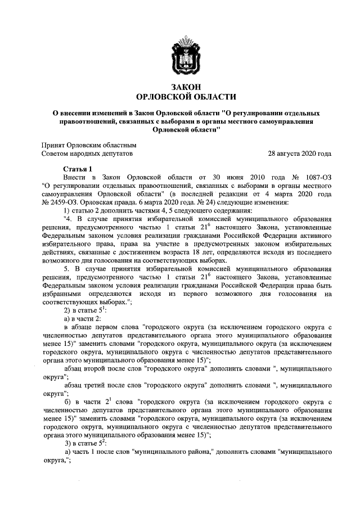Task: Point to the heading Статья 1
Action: (x=77, y=169)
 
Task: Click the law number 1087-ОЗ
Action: (x=316, y=177)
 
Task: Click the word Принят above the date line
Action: (x=54, y=145)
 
